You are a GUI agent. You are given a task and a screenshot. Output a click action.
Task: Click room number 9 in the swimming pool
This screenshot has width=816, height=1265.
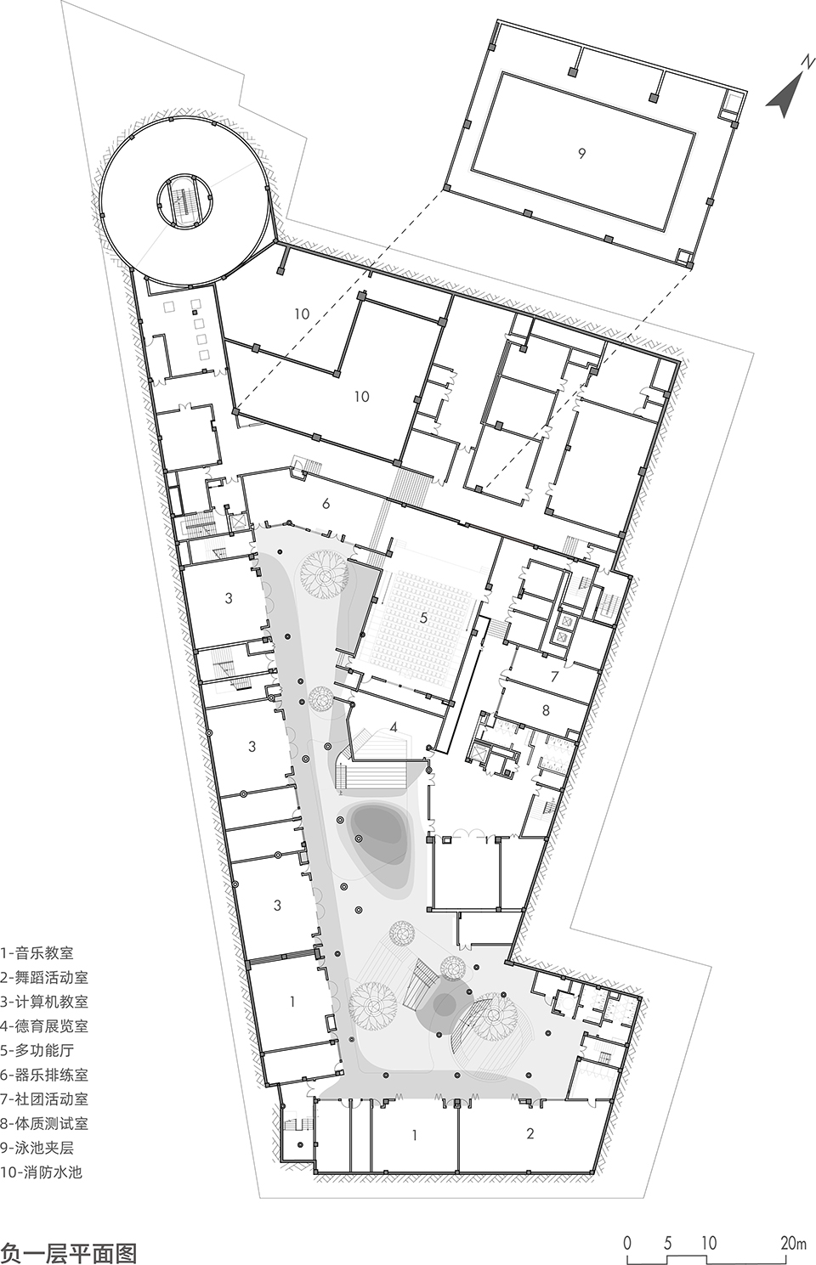click(x=581, y=154)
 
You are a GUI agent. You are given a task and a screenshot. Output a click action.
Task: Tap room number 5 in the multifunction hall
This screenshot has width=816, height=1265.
click(x=423, y=618)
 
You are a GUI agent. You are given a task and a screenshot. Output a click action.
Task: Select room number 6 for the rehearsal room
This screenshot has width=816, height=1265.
click(x=326, y=504)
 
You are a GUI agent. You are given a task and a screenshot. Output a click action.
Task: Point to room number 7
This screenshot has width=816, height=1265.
click(x=554, y=677)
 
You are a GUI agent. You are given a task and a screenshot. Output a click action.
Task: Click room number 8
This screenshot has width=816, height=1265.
click(x=546, y=709)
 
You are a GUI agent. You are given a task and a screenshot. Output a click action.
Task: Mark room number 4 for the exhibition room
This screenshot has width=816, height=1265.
click(x=394, y=727)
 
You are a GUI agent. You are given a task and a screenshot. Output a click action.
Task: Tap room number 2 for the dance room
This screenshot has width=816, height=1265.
click(x=530, y=1133)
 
